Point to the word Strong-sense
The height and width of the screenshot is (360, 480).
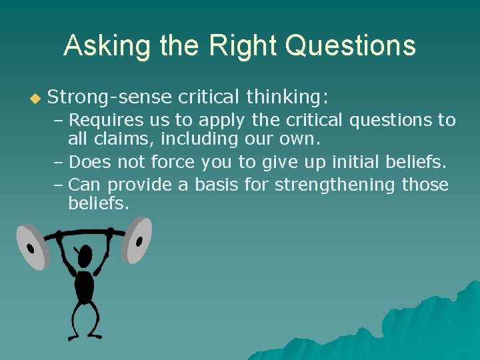pos(111,98)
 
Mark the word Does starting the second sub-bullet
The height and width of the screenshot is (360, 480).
pos(89,161)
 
